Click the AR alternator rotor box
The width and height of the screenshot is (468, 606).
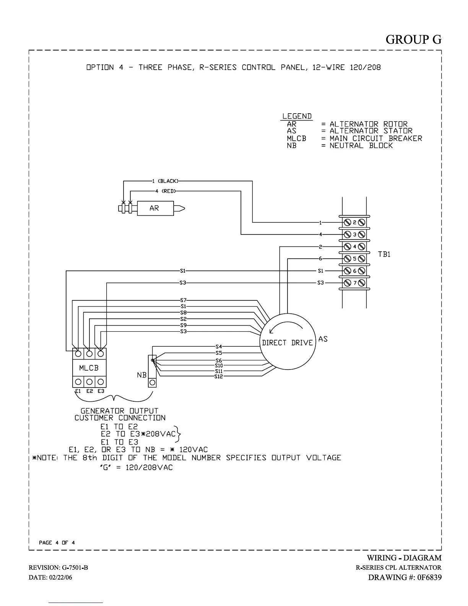coord(154,209)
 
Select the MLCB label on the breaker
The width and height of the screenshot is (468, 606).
coord(89,368)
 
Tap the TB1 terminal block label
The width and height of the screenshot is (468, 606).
coord(384,254)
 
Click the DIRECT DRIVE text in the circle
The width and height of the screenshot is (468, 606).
coord(287,343)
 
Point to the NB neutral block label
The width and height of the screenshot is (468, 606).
coord(141,375)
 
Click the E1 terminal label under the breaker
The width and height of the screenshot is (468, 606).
coord(78,391)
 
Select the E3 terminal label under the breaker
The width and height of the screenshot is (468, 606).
coord(101,391)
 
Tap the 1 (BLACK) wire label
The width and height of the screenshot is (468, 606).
coord(165,181)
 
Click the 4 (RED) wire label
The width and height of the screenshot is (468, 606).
coord(165,191)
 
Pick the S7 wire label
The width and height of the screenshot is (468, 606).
coord(183,300)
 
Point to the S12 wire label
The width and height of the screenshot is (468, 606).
coord(219,376)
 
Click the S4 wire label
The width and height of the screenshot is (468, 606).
coord(219,347)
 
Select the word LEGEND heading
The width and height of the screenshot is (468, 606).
coord(297,116)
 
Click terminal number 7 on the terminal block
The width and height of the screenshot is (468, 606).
coord(354,283)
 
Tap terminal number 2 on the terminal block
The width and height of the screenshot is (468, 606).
coord(354,222)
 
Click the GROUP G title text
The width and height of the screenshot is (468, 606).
coord(413,39)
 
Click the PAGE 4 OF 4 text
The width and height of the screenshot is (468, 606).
coord(57,542)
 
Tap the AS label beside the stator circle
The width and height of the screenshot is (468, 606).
coord(323,339)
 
